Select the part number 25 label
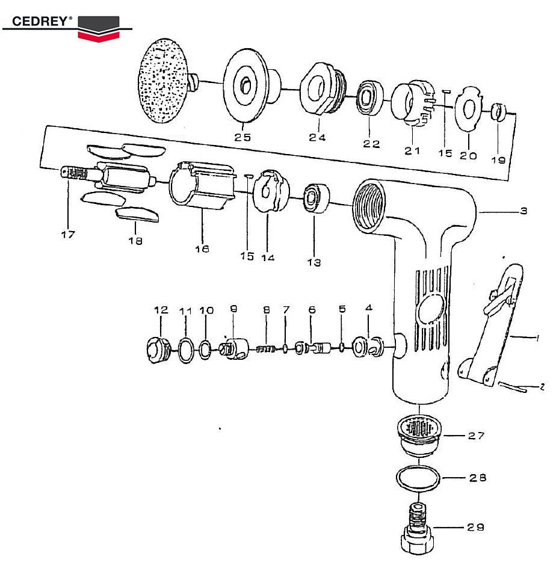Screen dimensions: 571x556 [243, 137]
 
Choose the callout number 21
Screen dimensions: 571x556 [412, 151]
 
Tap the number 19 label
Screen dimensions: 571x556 [498, 160]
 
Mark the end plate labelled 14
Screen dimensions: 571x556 [268, 191]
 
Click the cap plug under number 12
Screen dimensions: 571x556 [158, 350]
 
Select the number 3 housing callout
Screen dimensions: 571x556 [523, 211]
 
